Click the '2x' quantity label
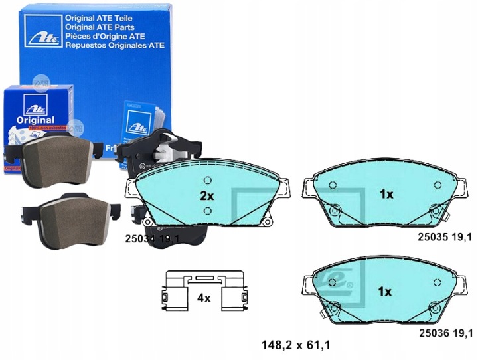(207, 196)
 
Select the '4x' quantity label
(203, 299)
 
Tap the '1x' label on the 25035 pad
(386, 195)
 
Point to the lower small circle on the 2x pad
(208, 211)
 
